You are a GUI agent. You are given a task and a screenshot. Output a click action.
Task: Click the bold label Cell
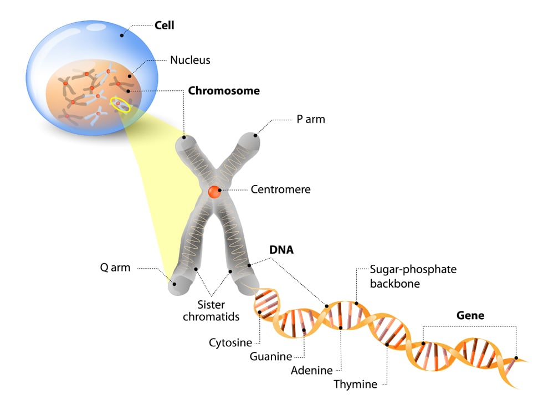[x=165, y=25]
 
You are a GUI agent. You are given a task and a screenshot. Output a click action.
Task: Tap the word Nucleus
[x=190, y=60]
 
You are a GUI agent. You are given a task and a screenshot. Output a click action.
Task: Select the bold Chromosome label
[x=224, y=90]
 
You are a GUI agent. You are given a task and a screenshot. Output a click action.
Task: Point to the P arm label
[x=311, y=119]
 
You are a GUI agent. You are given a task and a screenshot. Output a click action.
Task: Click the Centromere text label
[x=280, y=189]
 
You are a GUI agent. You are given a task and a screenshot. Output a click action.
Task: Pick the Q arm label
[x=115, y=268]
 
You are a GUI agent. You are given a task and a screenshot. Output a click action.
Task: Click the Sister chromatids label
[x=218, y=310]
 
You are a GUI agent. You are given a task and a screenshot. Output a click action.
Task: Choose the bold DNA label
[x=281, y=250]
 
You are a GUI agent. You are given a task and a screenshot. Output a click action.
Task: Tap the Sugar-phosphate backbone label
[x=405, y=276]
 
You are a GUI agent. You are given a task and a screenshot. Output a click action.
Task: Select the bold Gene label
[x=470, y=315]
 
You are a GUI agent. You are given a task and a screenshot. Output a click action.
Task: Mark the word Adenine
[x=311, y=370]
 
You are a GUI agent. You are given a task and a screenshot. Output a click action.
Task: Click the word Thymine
[x=355, y=384]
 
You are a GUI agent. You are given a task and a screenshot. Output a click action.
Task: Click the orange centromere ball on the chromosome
[x=214, y=192]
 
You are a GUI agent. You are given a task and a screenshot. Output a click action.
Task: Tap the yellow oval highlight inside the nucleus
[x=120, y=104]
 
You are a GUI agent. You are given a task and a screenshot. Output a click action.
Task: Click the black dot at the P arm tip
[x=256, y=134]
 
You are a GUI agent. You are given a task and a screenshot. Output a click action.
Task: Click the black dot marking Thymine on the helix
[x=387, y=345]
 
